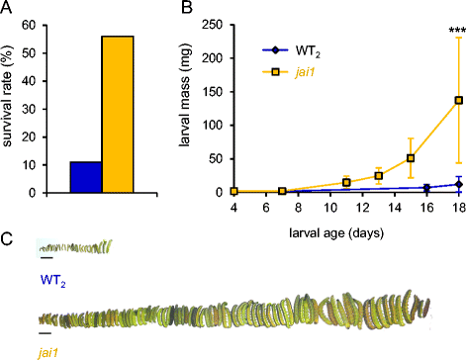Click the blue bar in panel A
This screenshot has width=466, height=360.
click(x=86, y=177)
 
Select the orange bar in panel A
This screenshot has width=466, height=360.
click(x=118, y=114)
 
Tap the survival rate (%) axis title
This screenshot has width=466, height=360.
click(x=7, y=96)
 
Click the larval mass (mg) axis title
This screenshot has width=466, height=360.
click(x=186, y=95)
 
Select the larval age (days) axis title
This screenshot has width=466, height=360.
click(x=336, y=233)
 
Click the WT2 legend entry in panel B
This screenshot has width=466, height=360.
click(x=291, y=51)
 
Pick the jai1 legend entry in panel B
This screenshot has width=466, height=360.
click(x=289, y=72)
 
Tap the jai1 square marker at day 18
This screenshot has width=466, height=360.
click(x=458, y=100)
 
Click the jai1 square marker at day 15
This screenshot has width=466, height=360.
click(x=411, y=158)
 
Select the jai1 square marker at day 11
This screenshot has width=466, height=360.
click(x=346, y=182)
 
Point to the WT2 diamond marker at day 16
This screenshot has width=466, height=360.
click(x=426, y=188)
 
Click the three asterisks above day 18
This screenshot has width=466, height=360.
click(x=457, y=31)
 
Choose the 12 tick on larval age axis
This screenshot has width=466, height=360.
click(x=362, y=209)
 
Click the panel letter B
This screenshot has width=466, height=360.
click(x=187, y=7)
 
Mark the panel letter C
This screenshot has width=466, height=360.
click(x=7, y=238)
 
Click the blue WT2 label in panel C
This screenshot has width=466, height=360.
click(x=52, y=281)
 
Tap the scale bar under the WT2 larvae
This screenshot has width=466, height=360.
click(x=47, y=258)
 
